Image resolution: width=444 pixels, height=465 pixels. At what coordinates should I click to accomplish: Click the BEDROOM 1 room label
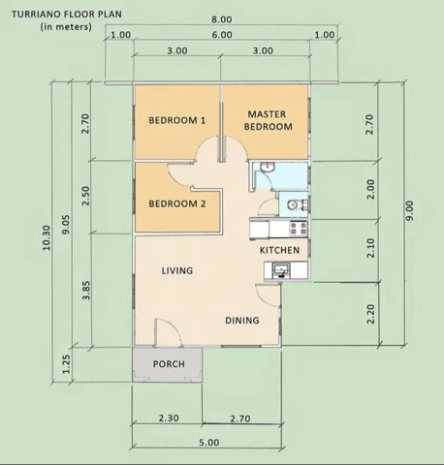176,120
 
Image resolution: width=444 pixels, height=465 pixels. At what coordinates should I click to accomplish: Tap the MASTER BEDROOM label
268,120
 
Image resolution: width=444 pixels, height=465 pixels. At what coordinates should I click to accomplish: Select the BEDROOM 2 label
176,203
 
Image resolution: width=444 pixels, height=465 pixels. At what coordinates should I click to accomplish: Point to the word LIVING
176,270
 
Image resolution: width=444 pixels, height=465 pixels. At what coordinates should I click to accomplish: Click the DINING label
241,320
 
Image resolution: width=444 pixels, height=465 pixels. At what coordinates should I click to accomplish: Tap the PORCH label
169,364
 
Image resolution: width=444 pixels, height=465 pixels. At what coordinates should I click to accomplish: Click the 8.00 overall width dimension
221,19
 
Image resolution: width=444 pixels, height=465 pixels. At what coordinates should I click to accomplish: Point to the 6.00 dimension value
221,35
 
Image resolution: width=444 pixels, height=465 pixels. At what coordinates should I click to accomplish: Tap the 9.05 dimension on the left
67,225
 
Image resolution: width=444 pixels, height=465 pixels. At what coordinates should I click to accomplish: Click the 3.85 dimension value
86,290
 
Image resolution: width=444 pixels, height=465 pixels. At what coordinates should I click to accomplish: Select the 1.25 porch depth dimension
67,363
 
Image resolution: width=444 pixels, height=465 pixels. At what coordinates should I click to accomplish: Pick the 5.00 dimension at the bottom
207,442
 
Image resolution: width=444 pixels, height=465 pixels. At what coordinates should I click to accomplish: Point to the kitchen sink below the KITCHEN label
283,270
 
